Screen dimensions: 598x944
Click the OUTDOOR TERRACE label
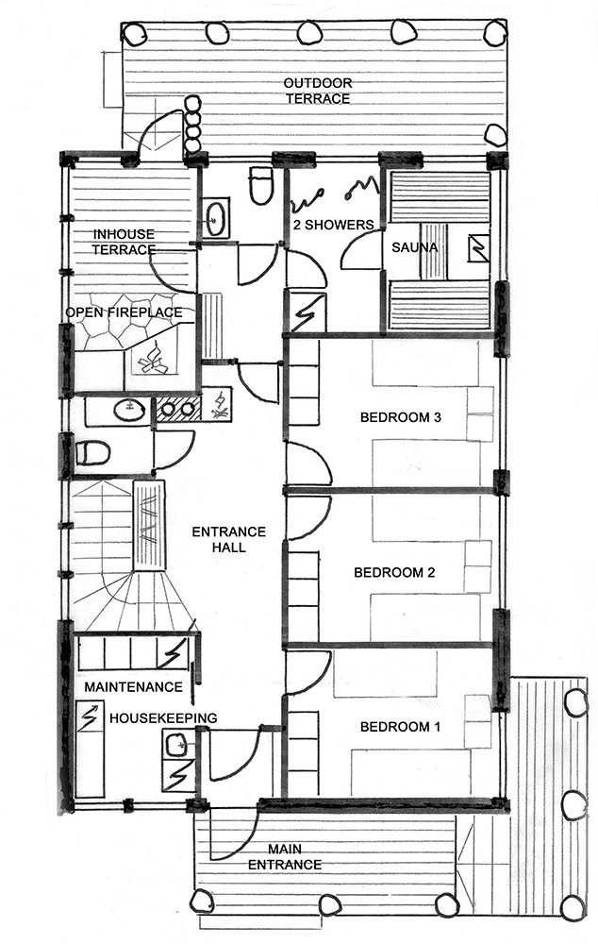(318, 91)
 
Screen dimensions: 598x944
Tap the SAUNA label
(414, 246)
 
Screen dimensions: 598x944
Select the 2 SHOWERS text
(333, 225)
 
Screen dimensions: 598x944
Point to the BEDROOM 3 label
(401, 416)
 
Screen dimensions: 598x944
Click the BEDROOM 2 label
(394, 572)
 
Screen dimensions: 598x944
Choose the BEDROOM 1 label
(400, 727)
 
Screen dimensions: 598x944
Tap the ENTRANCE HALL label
(228, 539)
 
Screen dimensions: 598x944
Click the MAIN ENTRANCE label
(285, 857)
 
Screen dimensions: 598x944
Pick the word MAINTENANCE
(133, 687)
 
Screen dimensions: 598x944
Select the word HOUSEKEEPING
(163, 718)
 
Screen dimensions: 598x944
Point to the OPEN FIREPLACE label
(124, 312)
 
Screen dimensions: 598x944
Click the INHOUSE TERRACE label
(124, 242)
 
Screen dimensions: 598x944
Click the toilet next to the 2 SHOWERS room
(261, 185)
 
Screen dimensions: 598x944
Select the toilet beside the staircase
(93, 453)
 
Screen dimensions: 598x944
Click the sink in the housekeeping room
(176, 743)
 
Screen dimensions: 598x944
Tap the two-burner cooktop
(178, 409)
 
